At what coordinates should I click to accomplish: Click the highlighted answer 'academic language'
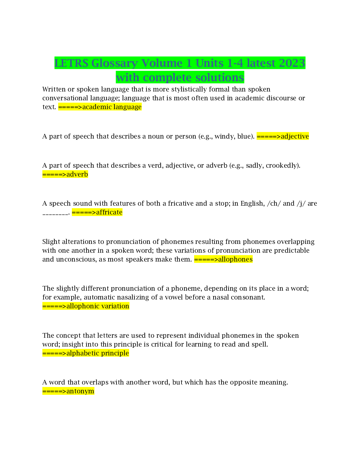[x=112, y=107]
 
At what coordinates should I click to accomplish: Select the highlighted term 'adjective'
[x=295, y=136]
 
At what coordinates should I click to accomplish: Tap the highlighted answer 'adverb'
[x=77, y=174]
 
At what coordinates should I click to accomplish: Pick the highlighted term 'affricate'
[x=109, y=212]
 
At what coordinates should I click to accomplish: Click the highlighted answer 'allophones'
[x=235, y=259]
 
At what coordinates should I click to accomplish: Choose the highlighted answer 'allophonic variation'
[x=98, y=306]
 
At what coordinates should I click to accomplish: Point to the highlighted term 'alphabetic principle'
[x=98, y=353]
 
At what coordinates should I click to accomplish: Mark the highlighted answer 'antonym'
[x=80, y=391]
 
